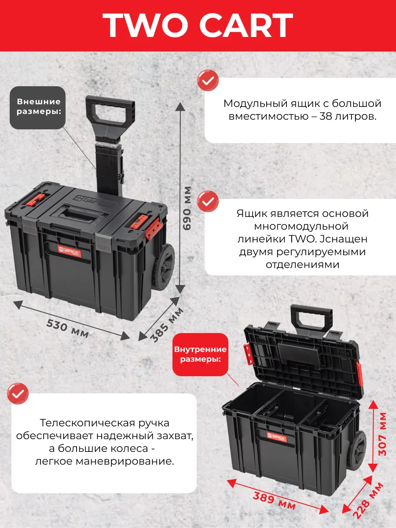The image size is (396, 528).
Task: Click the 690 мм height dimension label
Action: click(x=187, y=208)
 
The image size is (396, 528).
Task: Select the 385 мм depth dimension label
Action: click(x=167, y=325)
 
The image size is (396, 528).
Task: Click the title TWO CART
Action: click(x=198, y=25)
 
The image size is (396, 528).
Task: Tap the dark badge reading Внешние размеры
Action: click(x=38, y=107)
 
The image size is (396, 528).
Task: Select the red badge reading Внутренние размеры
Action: click(x=200, y=355)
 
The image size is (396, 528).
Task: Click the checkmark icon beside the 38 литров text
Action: click(x=208, y=81)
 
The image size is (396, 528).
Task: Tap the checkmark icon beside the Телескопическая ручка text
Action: click(x=18, y=394)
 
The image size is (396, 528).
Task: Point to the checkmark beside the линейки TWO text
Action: click(x=208, y=202)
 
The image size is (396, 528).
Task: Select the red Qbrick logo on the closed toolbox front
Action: click(x=70, y=251)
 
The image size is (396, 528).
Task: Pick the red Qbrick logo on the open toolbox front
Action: click(x=277, y=437)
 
